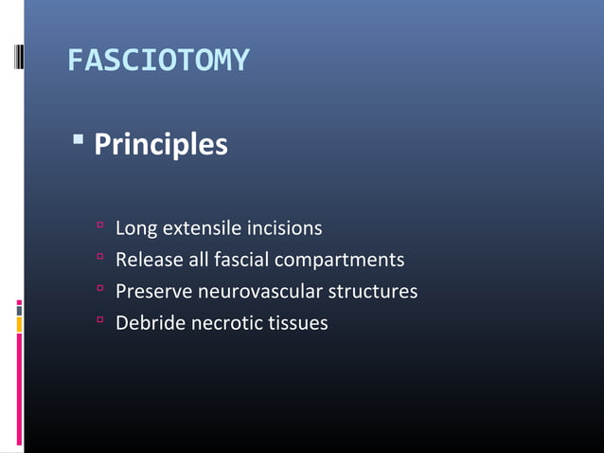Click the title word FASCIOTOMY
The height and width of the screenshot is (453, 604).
point(158,62)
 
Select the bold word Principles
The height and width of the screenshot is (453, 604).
point(161,145)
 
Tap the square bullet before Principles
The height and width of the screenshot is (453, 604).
point(79,142)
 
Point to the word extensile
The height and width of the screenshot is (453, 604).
point(202,228)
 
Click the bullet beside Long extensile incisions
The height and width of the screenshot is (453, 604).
point(98,227)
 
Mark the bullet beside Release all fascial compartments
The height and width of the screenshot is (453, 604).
point(98,259)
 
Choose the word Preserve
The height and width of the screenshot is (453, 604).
point(152,292)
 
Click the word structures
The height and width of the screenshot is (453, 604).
point(370,292)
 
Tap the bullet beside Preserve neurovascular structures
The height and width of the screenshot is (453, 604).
point(98,290)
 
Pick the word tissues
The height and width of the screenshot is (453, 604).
point(297,323)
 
